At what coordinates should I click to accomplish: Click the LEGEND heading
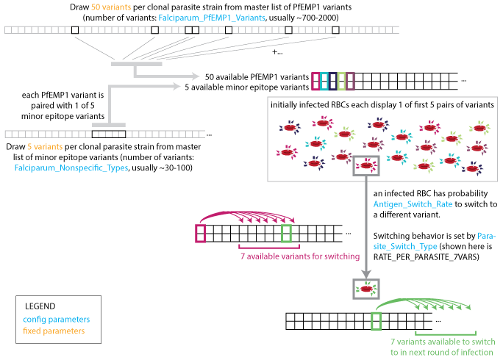click(40, 306)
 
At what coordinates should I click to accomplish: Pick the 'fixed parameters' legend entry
click(54, 331)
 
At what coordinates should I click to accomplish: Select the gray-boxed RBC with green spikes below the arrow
click(365, 289)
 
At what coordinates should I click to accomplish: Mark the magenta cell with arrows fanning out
click(200, 234)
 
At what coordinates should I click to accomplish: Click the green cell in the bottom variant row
click(377, 321)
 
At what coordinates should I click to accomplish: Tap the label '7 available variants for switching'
click(301, 256)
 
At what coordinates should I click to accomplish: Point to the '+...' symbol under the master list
click(277, 52)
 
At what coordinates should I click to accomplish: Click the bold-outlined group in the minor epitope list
click(107, 134)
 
